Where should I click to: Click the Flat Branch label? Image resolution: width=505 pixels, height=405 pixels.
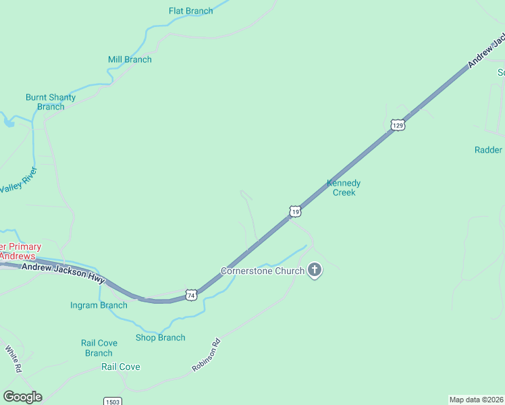(x=190, y=11)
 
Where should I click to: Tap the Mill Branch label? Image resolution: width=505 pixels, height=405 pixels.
(x=130, y=59)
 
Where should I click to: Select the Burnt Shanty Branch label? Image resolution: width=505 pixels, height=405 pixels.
(x=51, y=102)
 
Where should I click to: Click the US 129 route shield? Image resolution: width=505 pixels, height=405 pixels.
(x=398, y=126)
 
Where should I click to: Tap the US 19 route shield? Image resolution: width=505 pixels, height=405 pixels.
(x=294, y=212)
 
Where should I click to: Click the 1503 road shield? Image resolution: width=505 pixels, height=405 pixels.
(x=113, y=401)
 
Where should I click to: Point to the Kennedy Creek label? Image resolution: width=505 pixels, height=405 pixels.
(x=344, y=188)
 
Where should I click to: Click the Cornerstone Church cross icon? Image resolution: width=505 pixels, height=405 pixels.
(x=314, y=271)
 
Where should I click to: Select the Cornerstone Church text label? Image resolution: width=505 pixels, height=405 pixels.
(x=262, y=271)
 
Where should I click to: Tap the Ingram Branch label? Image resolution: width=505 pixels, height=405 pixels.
(x=99, y=305)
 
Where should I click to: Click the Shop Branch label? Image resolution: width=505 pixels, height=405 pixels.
(x=160, y=337)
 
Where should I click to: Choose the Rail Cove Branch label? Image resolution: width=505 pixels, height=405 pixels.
(x=99, y=348)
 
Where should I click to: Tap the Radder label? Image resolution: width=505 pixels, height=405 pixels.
(x=488, y=150)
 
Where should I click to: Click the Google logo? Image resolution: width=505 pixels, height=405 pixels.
(x=22, y=397)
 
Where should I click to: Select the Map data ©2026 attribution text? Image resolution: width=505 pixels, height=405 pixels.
(x=476, y=399)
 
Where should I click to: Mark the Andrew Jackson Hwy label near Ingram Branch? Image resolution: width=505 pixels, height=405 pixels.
(x=63, y=273)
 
